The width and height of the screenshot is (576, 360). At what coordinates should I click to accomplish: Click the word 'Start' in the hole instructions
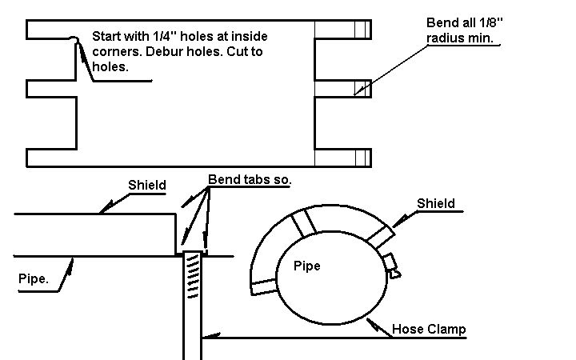106,36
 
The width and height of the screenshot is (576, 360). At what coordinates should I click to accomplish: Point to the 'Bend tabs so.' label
250,179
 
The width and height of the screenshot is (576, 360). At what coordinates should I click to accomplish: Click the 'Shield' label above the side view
147,186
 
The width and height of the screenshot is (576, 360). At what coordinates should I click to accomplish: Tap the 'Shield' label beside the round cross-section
435,203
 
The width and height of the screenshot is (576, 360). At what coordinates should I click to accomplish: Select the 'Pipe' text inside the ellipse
306,266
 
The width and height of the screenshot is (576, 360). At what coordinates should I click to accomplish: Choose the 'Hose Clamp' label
429,330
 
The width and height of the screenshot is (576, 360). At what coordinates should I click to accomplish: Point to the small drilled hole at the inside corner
73,39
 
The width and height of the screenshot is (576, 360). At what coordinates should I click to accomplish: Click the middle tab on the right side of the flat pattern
343,88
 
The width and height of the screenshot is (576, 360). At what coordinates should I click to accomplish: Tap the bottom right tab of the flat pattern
343,157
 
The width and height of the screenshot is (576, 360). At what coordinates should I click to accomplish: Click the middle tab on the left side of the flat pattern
51,88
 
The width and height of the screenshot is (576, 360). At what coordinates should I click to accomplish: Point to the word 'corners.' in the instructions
114,52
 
